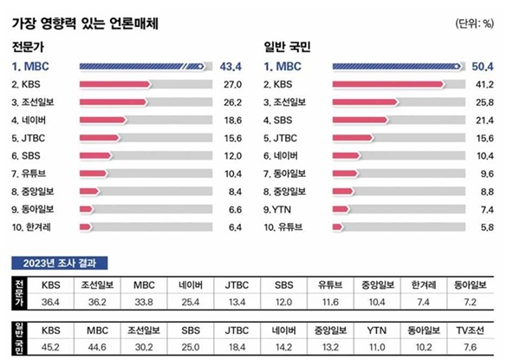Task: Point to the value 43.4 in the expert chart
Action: (230, 66)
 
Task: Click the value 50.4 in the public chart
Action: (481, 66)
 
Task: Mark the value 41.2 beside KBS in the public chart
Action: (481, 85)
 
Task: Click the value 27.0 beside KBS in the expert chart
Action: (230, 85)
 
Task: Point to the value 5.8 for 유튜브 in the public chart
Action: (483, 226)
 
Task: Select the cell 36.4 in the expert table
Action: (51, 302)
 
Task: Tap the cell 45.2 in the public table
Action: (51, 347)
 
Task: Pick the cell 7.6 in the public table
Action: (473, 347)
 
